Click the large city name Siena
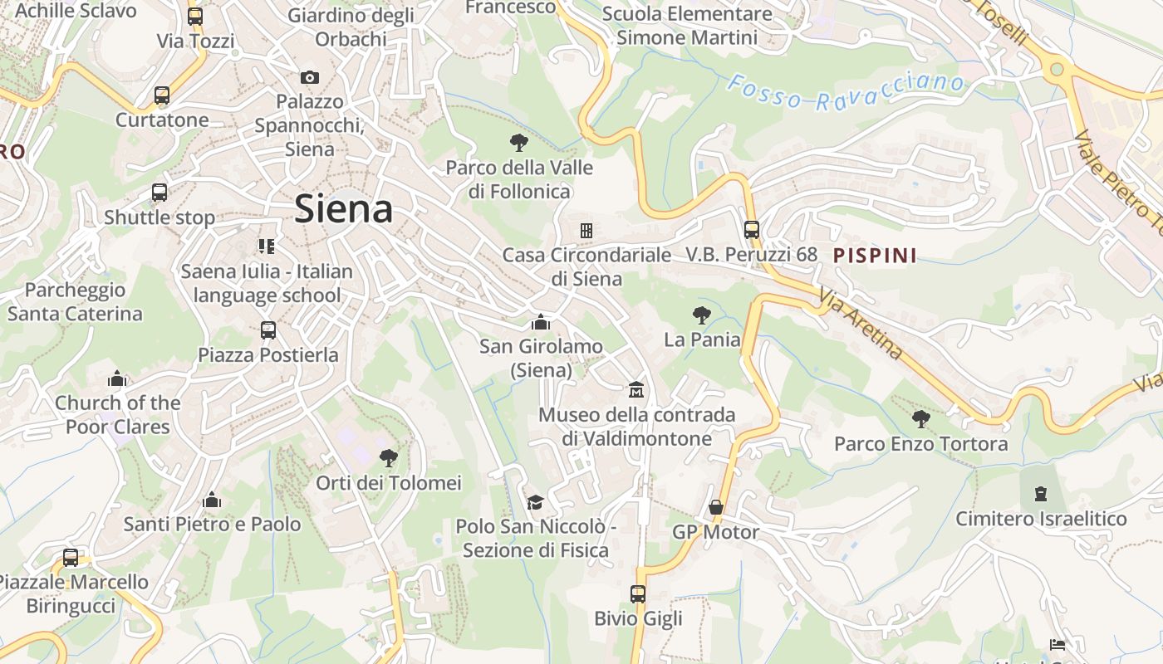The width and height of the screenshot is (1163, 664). (344, 208)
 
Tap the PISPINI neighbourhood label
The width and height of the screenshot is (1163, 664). (875, 256)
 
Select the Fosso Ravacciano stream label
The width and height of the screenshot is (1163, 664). (845, 91)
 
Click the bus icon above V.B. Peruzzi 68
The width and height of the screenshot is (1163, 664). (752, 229)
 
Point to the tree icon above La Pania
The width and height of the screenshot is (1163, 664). (702, 315)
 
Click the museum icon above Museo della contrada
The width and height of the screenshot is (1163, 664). (636, 389)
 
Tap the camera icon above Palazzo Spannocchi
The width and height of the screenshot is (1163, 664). (310, 77)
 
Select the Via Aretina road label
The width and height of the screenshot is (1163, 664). (861, 324)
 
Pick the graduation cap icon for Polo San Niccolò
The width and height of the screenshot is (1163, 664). (535, 502)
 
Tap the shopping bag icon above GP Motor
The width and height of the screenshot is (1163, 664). (716, 507)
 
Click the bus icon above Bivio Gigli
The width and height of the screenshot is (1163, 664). (638, 593)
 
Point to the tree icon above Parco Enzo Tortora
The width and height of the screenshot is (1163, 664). (920, 419)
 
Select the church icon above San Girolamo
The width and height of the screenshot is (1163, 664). (541, 322)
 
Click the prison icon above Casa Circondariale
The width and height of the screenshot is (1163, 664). (586, 230)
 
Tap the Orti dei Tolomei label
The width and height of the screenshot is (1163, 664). (388, 482)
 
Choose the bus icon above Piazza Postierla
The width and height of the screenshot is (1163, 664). (267, 330)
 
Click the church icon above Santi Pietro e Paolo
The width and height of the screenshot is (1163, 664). (212, 500)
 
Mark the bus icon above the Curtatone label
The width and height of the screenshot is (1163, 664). (162, 95)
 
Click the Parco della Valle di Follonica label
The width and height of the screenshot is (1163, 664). (519, 179)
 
